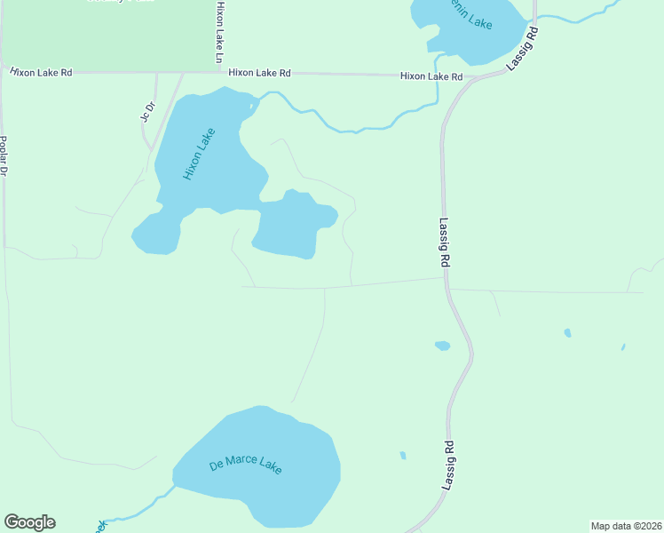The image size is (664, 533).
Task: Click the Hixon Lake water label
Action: pos(200,155)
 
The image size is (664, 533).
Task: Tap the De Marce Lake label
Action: pos(245,465)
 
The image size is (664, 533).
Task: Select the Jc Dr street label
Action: pos(147,113)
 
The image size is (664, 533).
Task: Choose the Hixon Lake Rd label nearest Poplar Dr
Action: pos(41,72)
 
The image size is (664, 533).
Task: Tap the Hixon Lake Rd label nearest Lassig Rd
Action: pos(431,77)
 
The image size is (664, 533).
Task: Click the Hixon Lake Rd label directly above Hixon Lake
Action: pos(259,74)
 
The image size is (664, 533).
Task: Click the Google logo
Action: pos(29,522)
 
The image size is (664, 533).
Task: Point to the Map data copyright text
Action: pos(626,525)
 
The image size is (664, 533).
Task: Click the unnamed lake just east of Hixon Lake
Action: pos(293,226)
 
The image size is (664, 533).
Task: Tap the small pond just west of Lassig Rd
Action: pos(442,346)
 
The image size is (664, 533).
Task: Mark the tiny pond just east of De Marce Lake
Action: pos(403,456)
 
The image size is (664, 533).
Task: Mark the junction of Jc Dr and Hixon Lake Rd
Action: pos(157,73)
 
